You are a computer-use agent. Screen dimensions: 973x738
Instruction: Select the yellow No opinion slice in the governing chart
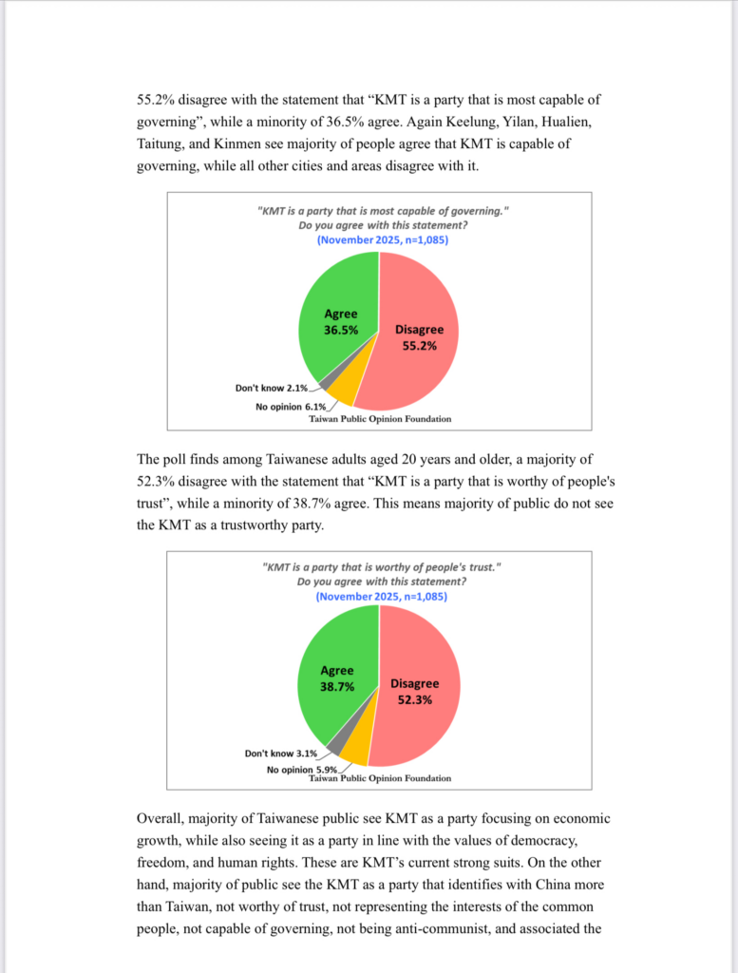346,389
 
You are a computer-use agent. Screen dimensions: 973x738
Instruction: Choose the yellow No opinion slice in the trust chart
353,750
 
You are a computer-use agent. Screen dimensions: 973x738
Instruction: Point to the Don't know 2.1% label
272,388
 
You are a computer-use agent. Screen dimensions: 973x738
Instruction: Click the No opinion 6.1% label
291,407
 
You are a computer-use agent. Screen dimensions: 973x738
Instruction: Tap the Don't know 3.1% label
281,754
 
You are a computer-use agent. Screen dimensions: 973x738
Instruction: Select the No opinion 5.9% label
301,770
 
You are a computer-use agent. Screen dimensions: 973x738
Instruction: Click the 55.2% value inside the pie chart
419,346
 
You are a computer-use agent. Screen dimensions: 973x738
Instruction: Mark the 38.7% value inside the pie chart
337,685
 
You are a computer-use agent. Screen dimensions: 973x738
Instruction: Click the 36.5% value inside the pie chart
341,330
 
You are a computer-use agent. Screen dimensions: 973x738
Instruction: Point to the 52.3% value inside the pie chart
415,699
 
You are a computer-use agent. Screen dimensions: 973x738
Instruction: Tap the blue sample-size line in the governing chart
382,240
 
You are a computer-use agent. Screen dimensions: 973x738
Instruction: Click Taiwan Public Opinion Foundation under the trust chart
380,778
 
